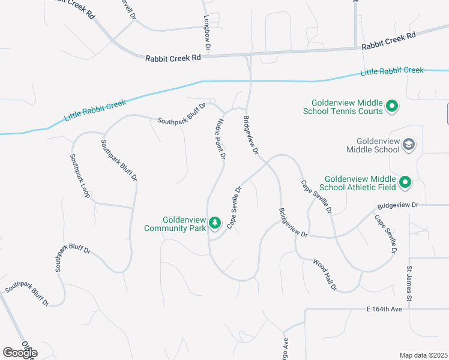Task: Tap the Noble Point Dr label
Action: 220,137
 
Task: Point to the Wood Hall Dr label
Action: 324,275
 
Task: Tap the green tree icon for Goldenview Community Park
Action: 215,224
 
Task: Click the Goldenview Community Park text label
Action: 175,224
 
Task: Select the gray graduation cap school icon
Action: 409,144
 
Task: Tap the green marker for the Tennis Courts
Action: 392,107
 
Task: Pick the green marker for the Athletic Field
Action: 405,182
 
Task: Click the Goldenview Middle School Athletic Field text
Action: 360,182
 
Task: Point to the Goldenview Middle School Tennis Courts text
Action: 347,107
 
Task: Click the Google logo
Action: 19,352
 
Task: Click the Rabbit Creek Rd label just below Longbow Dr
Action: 173,58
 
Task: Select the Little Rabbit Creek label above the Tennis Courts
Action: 392,71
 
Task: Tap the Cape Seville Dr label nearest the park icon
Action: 234,207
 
